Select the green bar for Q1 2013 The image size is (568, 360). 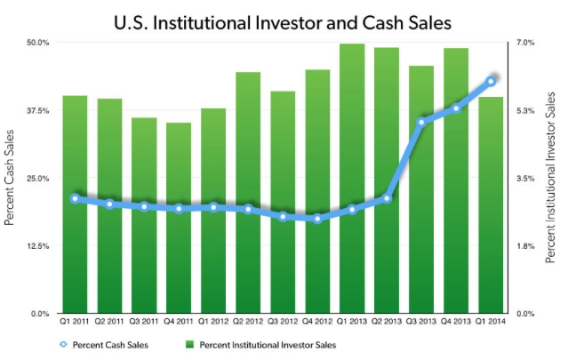pyautogui.click(x=352, y=178)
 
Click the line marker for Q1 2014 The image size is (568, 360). pyautogui.click(x=491, y=81)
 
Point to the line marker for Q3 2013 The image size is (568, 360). pyautogui.click(x=421, y=122)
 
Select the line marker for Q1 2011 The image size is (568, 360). pyautogui.click(x=75, y=198)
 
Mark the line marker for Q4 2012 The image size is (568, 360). pyautogui.click(x=317, y=219)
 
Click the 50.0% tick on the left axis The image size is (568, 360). pyautogui.click(x=37, y=43)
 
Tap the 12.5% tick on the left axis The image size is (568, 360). pyautogui.click(x=37, y=246)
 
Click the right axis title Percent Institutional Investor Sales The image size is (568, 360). pyautogui.click(x=552, y=179)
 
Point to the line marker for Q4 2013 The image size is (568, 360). pyautogui.click(x=456, y=108)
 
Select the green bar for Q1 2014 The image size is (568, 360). pyautogui.click(x=491, y=204)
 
